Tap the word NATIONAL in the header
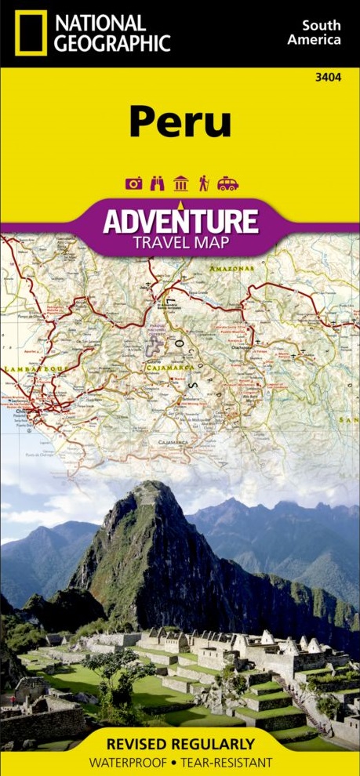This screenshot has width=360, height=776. pyautogui.click(x=100, y=23)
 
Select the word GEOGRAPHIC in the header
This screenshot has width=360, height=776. pyautogui.click(x=113, y=43)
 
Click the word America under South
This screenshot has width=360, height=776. pyautogui.click(x=315, y=40)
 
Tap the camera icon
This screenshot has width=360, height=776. pyautogui.click(x=133, y=183)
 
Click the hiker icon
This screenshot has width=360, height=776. pyautogui.click(x=204, y=183)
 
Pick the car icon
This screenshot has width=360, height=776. pyautogui.click(x=227, y=183)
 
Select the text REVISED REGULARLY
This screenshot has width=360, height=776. pyautogui.click(x=180, y=744)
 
